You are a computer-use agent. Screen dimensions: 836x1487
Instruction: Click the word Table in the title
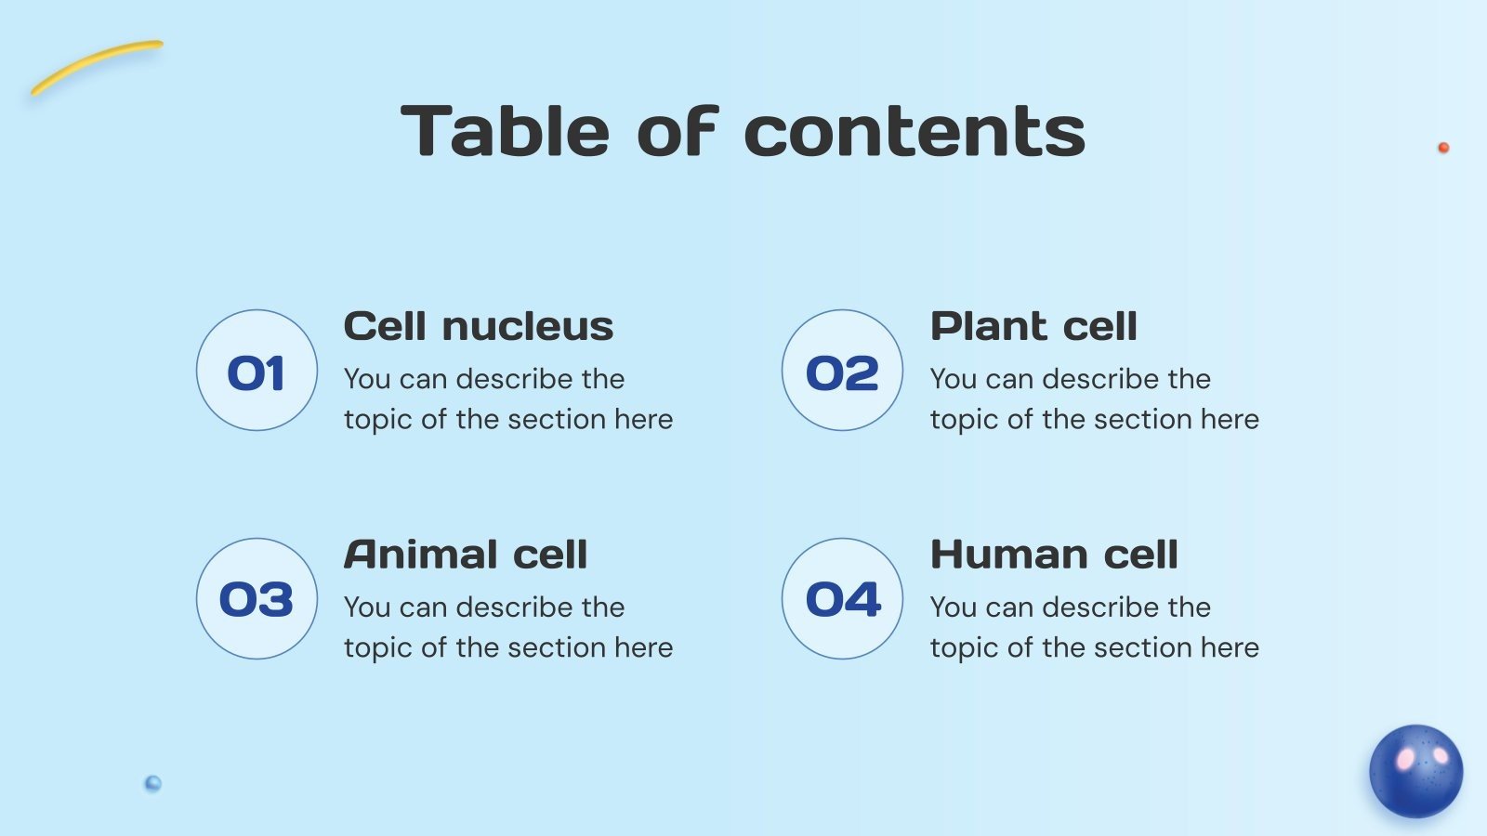[505, 131]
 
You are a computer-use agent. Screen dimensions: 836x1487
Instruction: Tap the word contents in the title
[915, 131]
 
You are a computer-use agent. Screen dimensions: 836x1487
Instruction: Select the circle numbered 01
[257, 371]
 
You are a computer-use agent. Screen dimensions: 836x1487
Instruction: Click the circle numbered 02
[842, 371]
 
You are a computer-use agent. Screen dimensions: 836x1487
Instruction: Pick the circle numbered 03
[257, 599]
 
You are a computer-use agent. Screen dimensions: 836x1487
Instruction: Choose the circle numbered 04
[842, 599]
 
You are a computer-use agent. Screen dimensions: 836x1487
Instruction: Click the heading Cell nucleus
[479, 327]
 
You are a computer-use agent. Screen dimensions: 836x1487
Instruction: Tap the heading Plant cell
[1033, 327]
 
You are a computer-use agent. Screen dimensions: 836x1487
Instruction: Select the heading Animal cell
[466, 555]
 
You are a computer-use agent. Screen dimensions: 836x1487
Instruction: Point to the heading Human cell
[1054, 555]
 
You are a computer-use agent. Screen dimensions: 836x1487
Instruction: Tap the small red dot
[1443, 148]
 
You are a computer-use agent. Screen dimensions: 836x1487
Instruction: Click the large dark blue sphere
[1415, 771]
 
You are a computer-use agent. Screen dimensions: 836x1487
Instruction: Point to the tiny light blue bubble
[153, 783]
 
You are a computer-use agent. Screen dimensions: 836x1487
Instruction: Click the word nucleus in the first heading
[527, 327]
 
